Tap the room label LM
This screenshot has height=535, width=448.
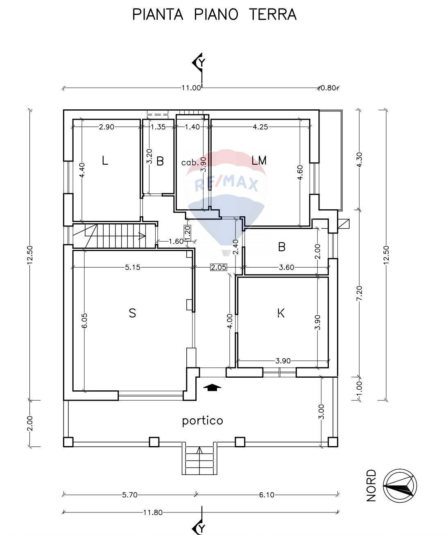pyautogui.click(x=259, y=161)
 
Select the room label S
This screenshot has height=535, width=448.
pyautogui.click(x=132, y=313)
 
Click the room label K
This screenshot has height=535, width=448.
pyautogui.click(x=281, y=313)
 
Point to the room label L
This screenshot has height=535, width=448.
pyautogui.click(x=105, y=161)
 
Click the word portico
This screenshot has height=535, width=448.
pyautogui.click(x=202, y=421)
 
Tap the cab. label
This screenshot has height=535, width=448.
pyautogui.click(x=189, y=162)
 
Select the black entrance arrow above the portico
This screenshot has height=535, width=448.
pyautogui.click(x=212, y=387)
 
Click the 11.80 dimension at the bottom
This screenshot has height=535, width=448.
pyautogui.click(x=153, y=512)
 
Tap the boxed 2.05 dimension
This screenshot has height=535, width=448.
pyautogui.click(x=218, y=267)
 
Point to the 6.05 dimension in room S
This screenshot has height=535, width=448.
pyautogui.click(x=84, y=320)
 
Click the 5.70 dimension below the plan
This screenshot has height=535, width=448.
pyautogui.click(x=129, y=495)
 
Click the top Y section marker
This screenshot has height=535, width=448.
pyautogui.click(x=199, y=62)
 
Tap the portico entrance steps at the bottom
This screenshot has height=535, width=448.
pyautogui.click(x=199, y=458)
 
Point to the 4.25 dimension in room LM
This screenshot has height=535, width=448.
pyautogui.click(x=260, y=127)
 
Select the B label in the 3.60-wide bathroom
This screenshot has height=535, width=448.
pyautogui.click(x=281, y=247)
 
